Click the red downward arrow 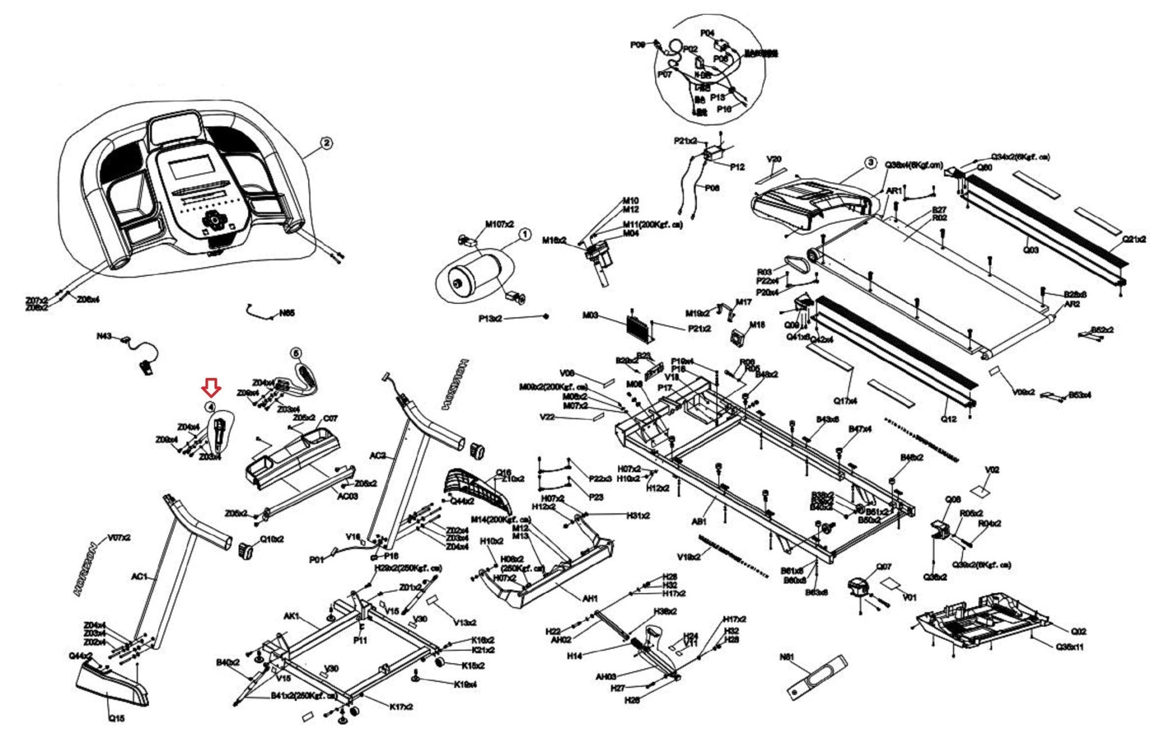tap(212, 387)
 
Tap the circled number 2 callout tap(326, 143)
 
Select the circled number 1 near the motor tap(524, 235)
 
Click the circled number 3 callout tap(870, 163)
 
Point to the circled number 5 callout tap(296, 353)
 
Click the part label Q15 tap(116, 718)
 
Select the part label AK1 tap(291, 616)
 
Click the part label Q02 tap(1079, 631)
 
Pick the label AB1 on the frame tap(699, 522)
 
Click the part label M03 tap(590, 316)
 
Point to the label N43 tap(103, 336)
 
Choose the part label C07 tap(330, 418)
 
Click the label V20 tap(773, 159)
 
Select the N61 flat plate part tap(817, 677)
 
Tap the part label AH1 tap(590, 599)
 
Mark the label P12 tap(737, 167)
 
